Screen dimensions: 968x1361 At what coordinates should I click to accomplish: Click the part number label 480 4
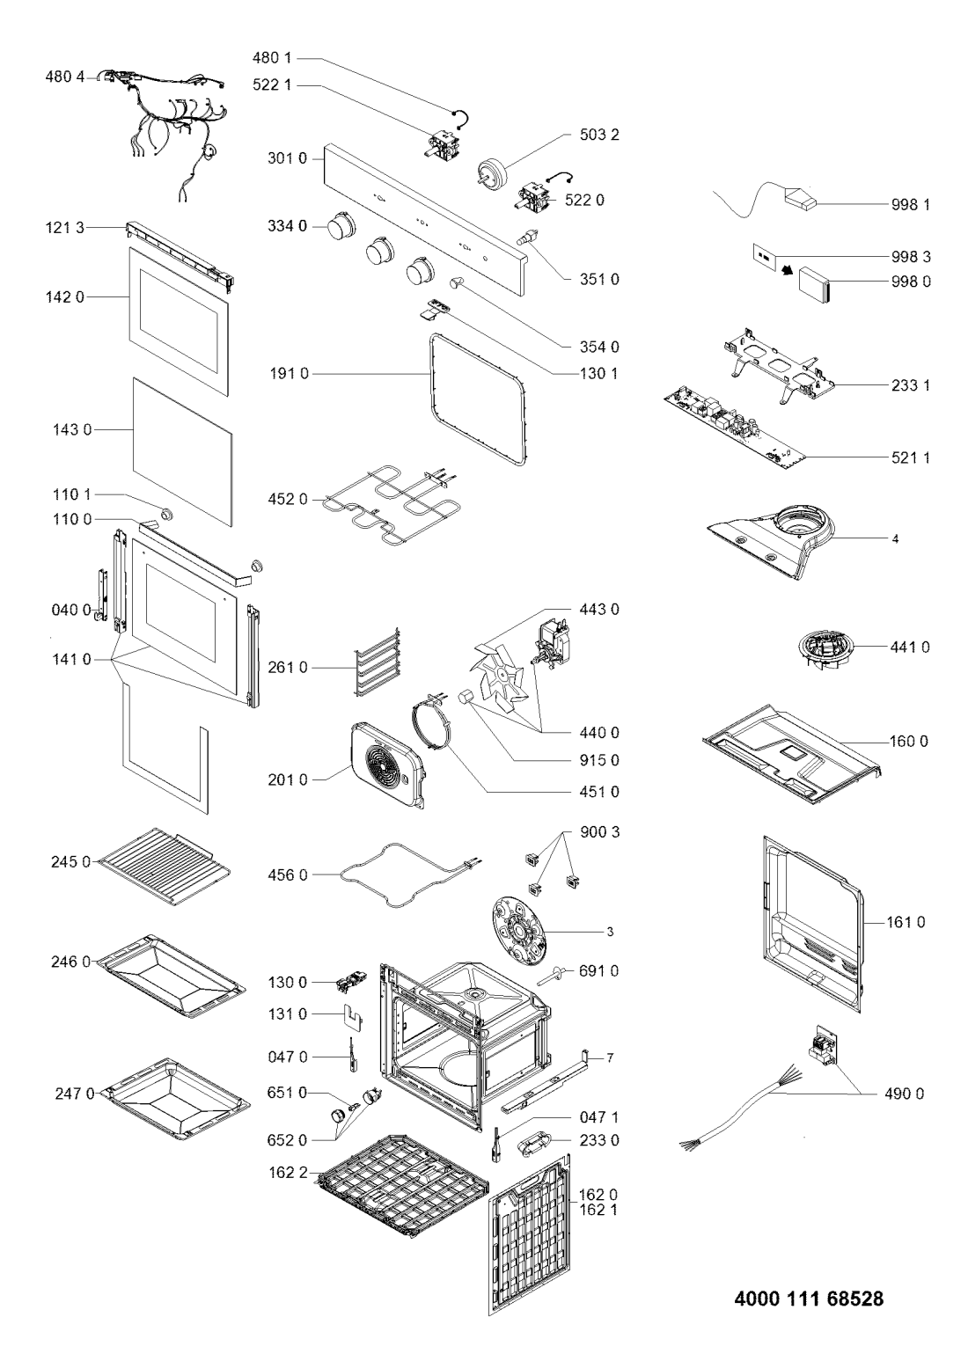65,77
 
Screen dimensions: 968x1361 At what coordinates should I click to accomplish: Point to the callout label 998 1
911,205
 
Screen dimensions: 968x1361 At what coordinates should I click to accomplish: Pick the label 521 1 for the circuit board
910,457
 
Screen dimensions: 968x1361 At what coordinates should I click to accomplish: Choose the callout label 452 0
288,500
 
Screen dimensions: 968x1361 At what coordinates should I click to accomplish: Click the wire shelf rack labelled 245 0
165,867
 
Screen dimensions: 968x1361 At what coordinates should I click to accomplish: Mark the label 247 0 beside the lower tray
75,1094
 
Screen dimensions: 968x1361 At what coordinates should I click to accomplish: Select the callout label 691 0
598,971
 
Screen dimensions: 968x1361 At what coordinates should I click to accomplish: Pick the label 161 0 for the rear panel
906,922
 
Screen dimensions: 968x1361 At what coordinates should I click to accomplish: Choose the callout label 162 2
288,1173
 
